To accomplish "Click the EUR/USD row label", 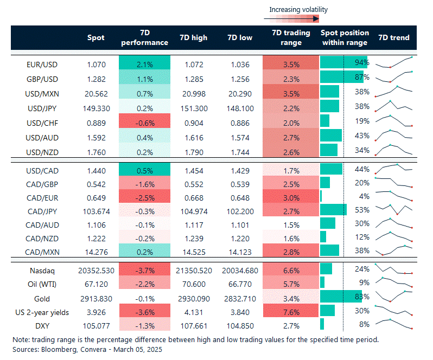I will (42, 64).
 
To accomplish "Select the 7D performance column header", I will (145, 37).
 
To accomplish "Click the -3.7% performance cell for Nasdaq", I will (145, 269).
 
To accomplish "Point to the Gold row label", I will (42, 299).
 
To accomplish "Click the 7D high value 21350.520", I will (193, 269).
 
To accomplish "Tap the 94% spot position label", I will (362, 63).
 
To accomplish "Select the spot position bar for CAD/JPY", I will (333, 210).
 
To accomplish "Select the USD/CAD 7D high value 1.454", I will (193, 170).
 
